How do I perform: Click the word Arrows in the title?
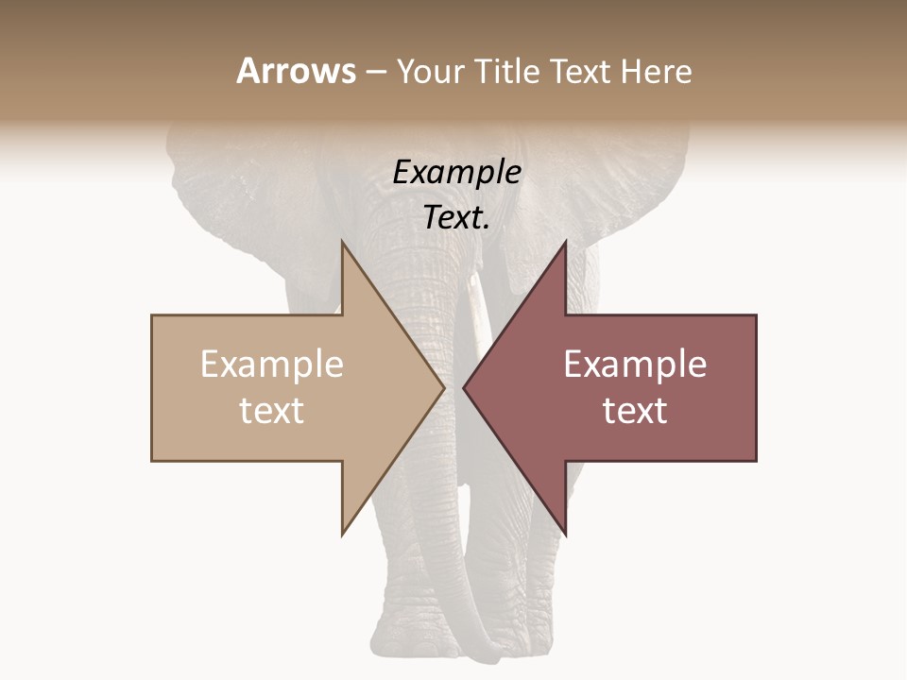[296, 71]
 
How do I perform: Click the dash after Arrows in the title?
[375, 73]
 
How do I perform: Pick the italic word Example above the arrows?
[456, 173]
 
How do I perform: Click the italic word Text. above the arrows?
[456, 217]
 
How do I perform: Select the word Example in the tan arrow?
[272, 365]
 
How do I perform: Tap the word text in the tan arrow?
[272, 410]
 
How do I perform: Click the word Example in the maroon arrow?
[635, 365]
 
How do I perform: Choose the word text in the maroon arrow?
[635, 410]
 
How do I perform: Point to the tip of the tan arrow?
[443, 387]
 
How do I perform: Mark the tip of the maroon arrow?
[464, 387]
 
